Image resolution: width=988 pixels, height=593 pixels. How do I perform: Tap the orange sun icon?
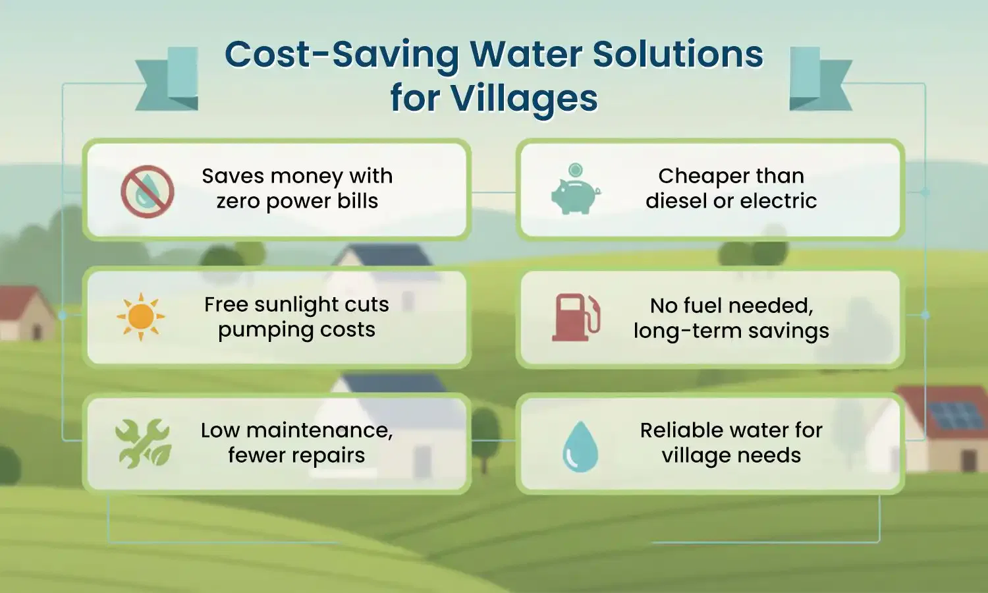141,317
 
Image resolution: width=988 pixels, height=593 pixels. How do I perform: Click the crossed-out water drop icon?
148,191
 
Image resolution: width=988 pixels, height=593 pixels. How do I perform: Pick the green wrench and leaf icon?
143,443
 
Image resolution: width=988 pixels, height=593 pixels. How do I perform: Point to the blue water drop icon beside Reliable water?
580,446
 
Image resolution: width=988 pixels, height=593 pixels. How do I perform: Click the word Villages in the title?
524,99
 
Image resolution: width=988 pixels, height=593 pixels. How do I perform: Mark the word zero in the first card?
240,201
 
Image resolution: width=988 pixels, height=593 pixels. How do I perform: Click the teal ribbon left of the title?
168,79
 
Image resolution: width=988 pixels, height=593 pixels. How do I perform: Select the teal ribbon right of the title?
819,79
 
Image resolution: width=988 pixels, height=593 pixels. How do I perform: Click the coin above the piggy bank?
576,169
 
